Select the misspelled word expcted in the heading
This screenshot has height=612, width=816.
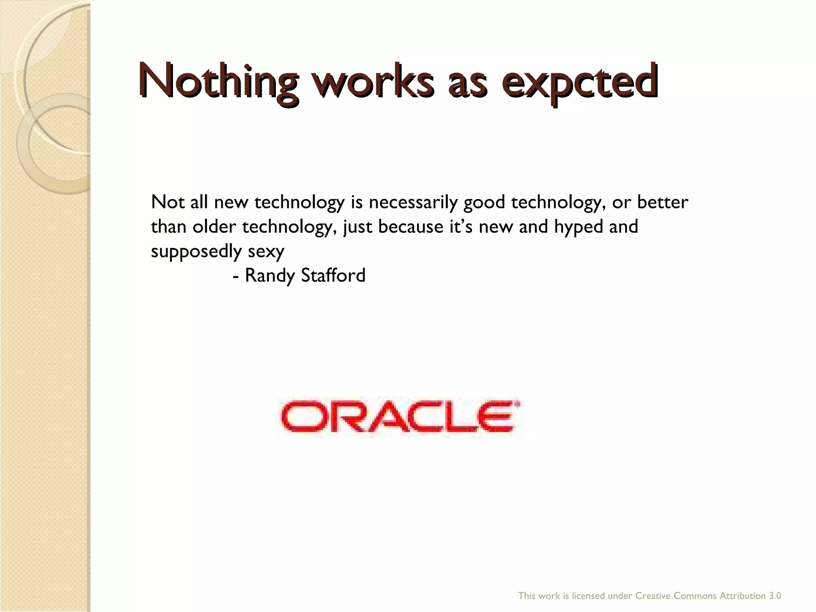click(579, 82)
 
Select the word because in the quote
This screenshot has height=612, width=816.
click(410, 227)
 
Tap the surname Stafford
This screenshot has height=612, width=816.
click(333, 275)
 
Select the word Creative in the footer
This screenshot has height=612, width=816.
click(653, 596)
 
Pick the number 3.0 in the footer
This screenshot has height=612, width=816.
click(775, 596)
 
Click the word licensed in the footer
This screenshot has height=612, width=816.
click(589, 596)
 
